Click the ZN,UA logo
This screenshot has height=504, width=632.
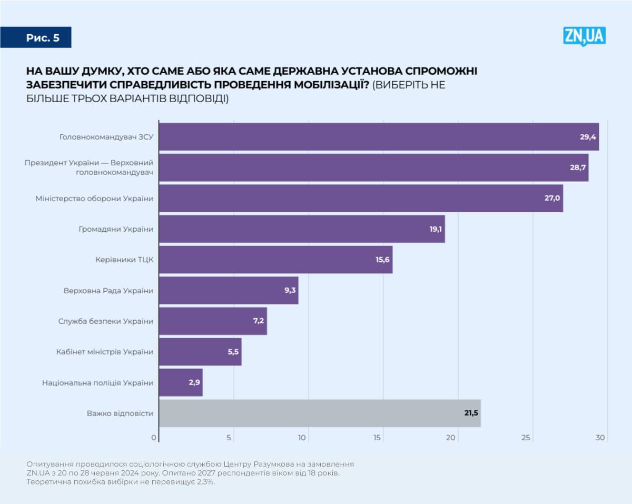pos(584,36)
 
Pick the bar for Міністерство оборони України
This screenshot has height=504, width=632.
pos(360,199)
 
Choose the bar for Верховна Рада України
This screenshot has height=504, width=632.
pos(228,290)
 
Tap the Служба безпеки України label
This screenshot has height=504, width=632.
pos(105,321)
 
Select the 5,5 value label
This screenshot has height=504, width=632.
pos(233,352)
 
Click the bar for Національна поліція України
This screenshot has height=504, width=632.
pos(180,382)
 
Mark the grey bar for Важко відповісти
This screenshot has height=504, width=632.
pos(319,413)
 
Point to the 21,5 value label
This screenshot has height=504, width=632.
pos(470,413)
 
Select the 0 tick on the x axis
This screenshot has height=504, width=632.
pos(154,438)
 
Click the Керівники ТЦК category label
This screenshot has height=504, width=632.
pos(124,260)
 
